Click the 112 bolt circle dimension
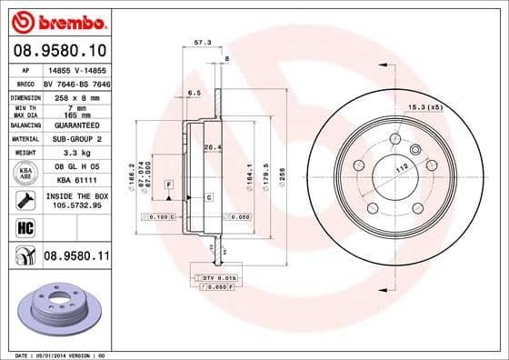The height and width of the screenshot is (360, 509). click(398, 168)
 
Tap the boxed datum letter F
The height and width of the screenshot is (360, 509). click(168, 185)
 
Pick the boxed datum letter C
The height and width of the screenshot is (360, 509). click(208, 196)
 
